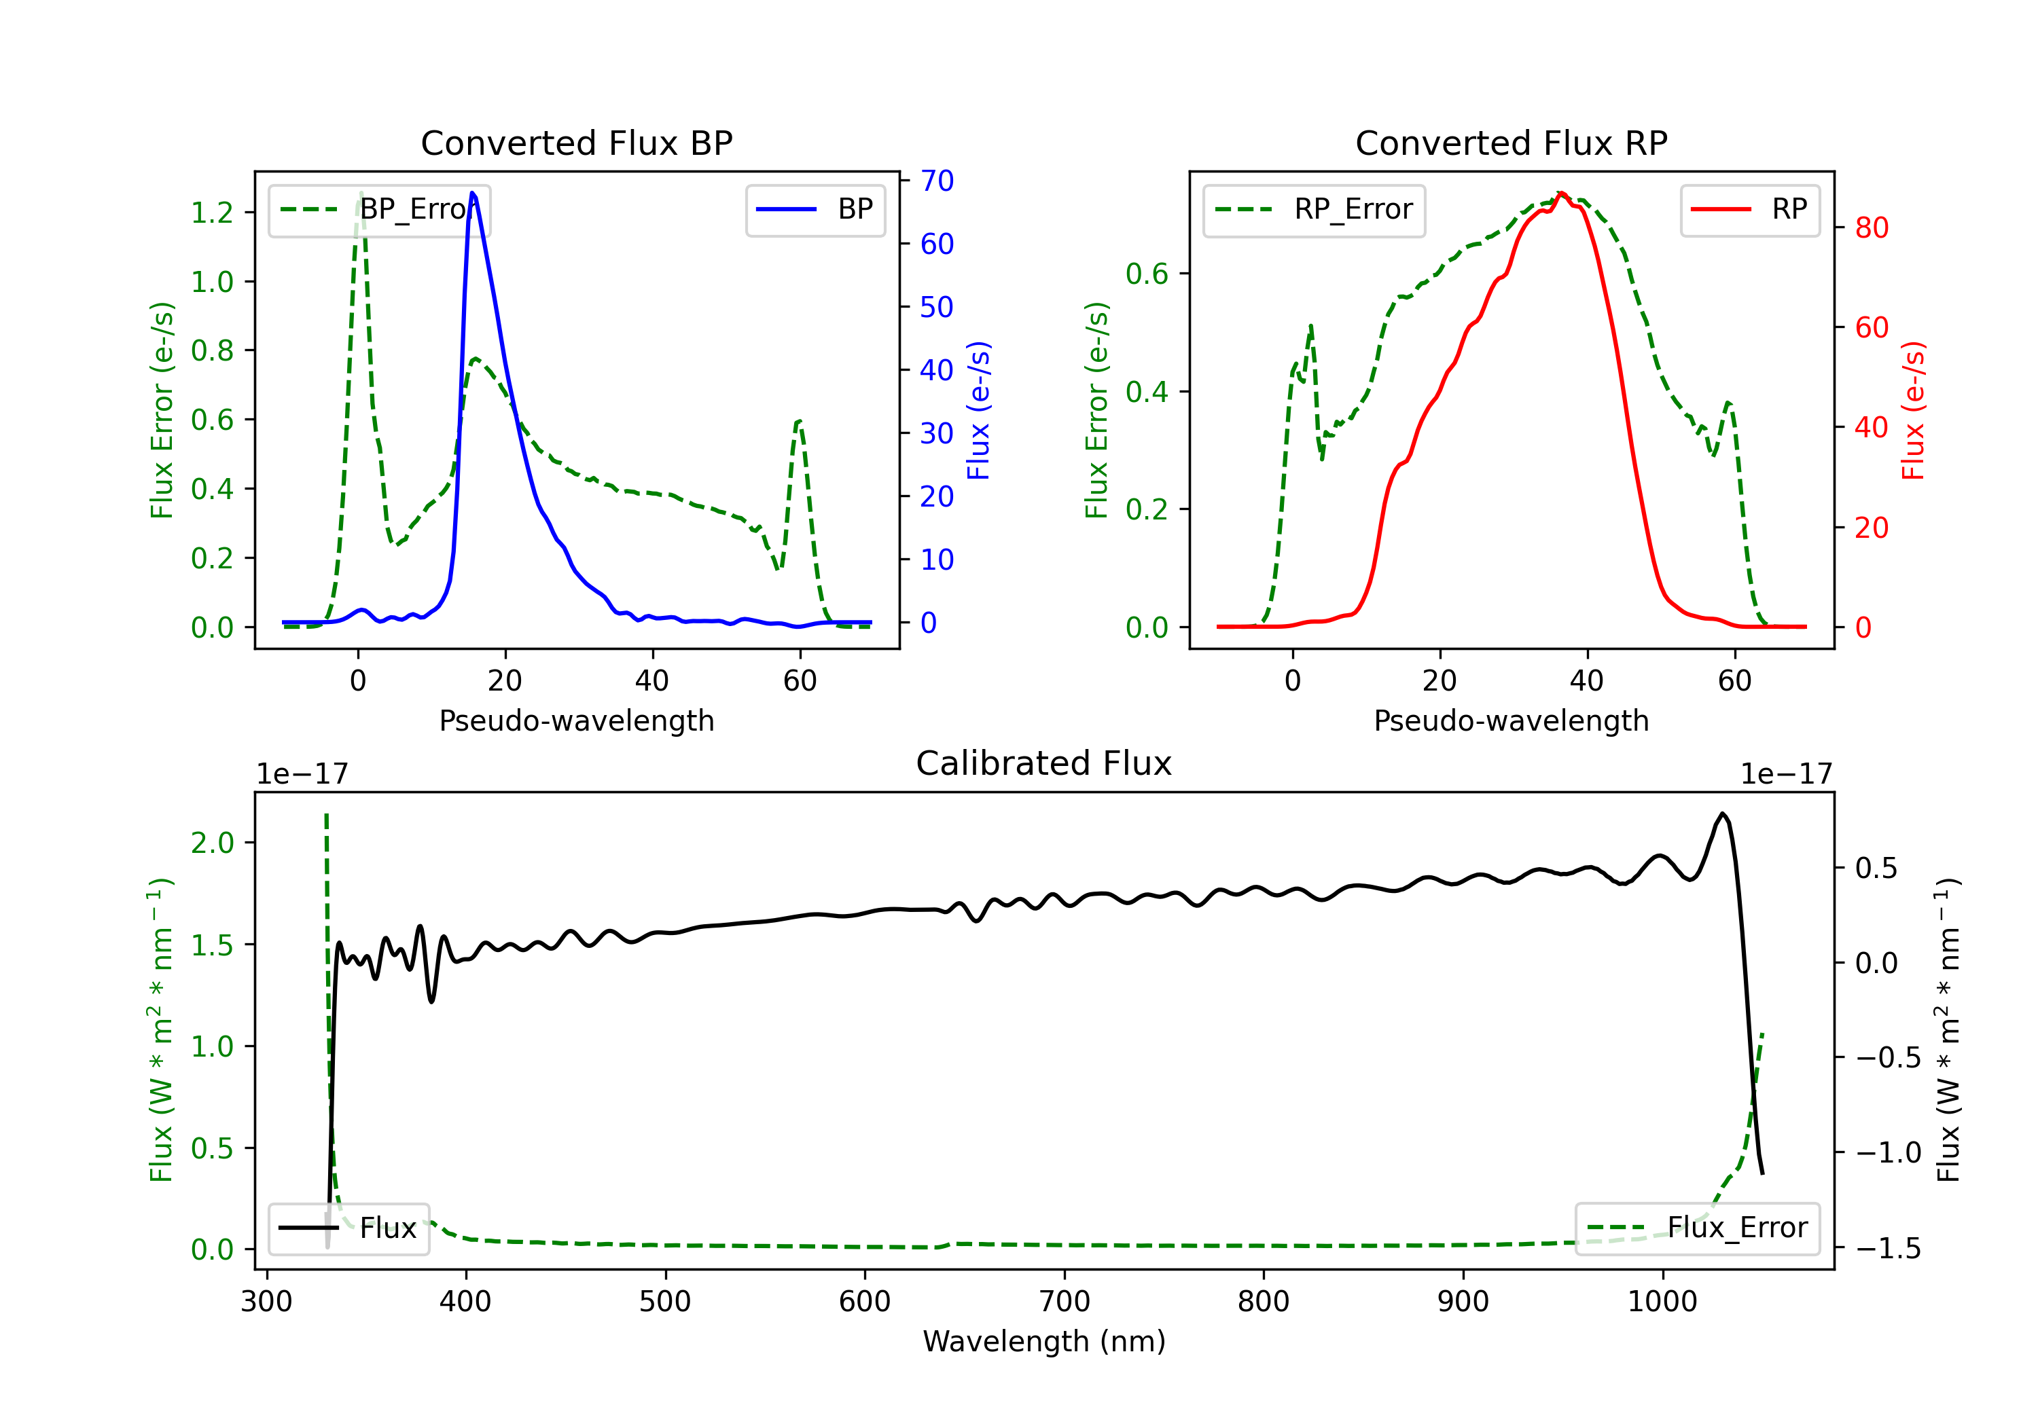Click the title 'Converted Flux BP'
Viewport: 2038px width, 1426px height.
pos(576,143)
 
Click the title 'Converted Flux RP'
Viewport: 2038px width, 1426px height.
pos(1511,143)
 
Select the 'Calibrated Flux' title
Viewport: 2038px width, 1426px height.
pos(1044,763)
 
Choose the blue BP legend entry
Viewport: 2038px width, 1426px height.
pos(815,209)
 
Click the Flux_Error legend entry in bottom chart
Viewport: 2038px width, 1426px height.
pos(1697,1228)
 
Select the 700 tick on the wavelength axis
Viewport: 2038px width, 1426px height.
pos(1065,1302)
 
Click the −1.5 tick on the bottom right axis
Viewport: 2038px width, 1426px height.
pos(1888,1249)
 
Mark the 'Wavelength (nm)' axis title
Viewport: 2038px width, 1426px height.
pos(1044,1341)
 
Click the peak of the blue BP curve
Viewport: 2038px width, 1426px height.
pos(472,193)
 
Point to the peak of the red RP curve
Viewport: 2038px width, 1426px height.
pos(1561,194)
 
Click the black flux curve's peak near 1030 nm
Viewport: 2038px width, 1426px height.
pos(1722,813)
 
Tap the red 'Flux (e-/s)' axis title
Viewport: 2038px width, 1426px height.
pos(1914,410)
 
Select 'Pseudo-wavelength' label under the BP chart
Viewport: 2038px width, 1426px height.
pos(577,720)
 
